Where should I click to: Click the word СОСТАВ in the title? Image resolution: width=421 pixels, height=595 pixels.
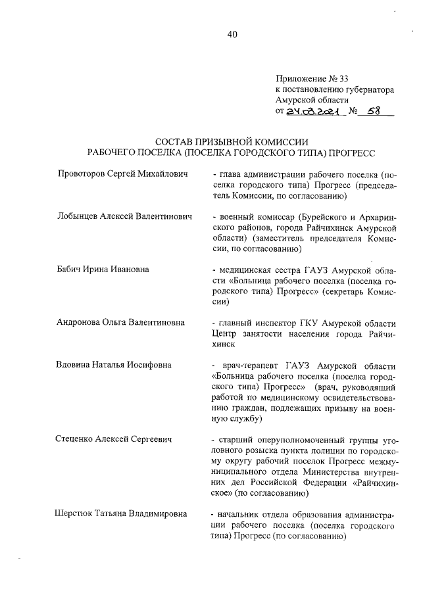[x=174, y=142]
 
